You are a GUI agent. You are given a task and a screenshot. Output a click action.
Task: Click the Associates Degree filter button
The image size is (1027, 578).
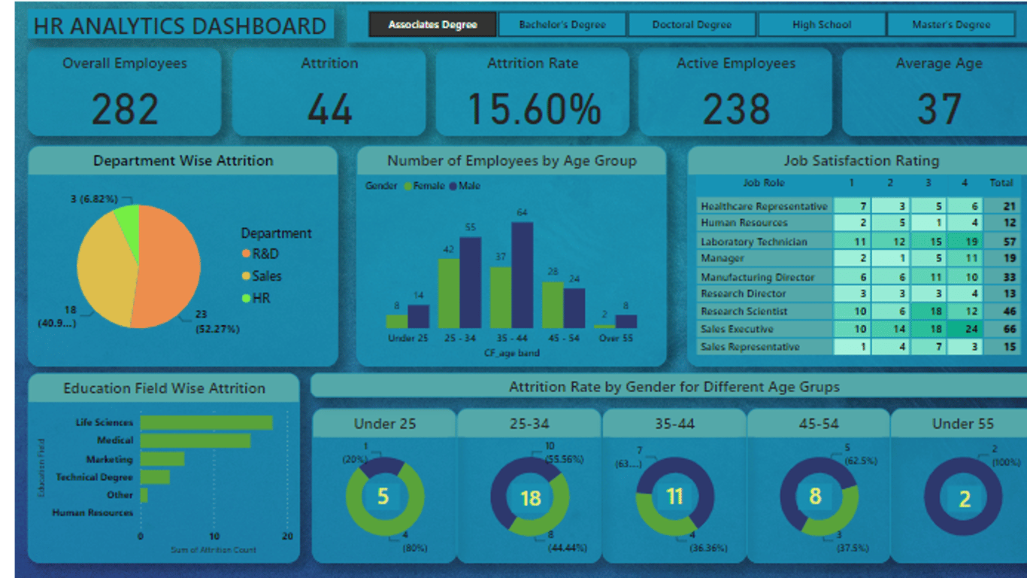(x=432, y=25)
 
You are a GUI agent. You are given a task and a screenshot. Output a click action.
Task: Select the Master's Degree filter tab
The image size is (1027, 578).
(x=951, y=25)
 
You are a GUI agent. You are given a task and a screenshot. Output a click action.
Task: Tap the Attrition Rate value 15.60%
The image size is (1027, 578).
(x=534, y=109)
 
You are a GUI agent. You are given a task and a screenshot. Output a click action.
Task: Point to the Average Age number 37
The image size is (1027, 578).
(x=939, y=109)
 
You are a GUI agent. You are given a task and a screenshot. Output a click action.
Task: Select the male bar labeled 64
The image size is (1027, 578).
(x=522, y=275)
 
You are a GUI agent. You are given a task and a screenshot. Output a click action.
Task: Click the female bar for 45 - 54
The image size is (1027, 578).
(x=553, y=305)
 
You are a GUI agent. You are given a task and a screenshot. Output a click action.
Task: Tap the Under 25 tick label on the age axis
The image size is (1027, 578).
(x=407, y=339)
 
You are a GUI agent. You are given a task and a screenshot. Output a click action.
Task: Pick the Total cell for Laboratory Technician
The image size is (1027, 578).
(x=1009, y=242)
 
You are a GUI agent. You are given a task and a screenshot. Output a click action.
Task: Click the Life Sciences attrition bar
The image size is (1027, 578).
(x=206, y=423)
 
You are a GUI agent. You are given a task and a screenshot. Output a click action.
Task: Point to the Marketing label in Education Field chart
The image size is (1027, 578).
(x=109, y=459)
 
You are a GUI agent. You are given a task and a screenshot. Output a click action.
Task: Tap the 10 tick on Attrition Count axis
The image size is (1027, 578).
(x=214, y=537)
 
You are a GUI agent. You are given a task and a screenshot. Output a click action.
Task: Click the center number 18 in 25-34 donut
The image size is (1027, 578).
(x=530, y=498)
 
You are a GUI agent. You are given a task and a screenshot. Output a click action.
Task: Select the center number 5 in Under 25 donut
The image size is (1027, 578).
(x=383, y=497)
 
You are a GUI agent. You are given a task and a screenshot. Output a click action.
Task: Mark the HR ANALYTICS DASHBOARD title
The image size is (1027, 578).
(x=180, y=26)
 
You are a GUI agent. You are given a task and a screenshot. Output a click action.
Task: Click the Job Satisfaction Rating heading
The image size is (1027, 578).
(x=861, y=161)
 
